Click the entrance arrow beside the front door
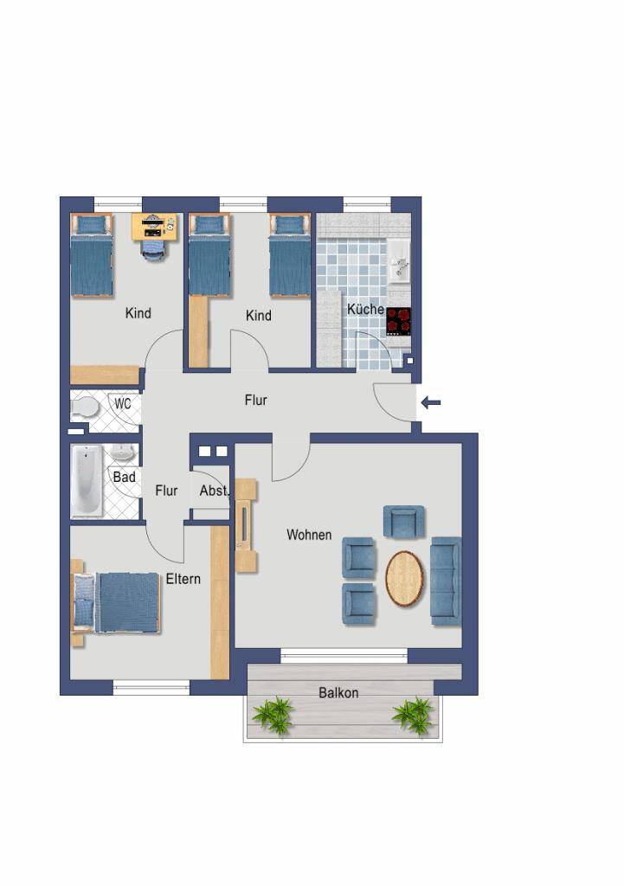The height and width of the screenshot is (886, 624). pos(431,403)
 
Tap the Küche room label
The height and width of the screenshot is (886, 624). pos(366,309)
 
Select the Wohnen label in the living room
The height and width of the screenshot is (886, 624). pos(309,535)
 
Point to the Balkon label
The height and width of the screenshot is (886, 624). pos(338,693)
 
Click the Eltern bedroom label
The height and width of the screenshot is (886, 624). pos(183,579)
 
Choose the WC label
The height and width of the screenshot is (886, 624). pos(123,403)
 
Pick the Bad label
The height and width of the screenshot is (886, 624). pos(125,477)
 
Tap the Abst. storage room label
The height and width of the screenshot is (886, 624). pos(214,491)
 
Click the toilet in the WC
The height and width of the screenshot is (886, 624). pos(85,407)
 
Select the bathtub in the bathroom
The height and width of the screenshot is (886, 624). pos(87,480)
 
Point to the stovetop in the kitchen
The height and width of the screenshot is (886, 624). pos(398,321)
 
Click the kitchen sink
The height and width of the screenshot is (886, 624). pos(399,261)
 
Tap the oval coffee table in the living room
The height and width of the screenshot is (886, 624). pos(405,579)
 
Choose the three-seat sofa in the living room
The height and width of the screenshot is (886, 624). pos(447,581)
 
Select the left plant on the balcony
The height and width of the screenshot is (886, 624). pos(273,716)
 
